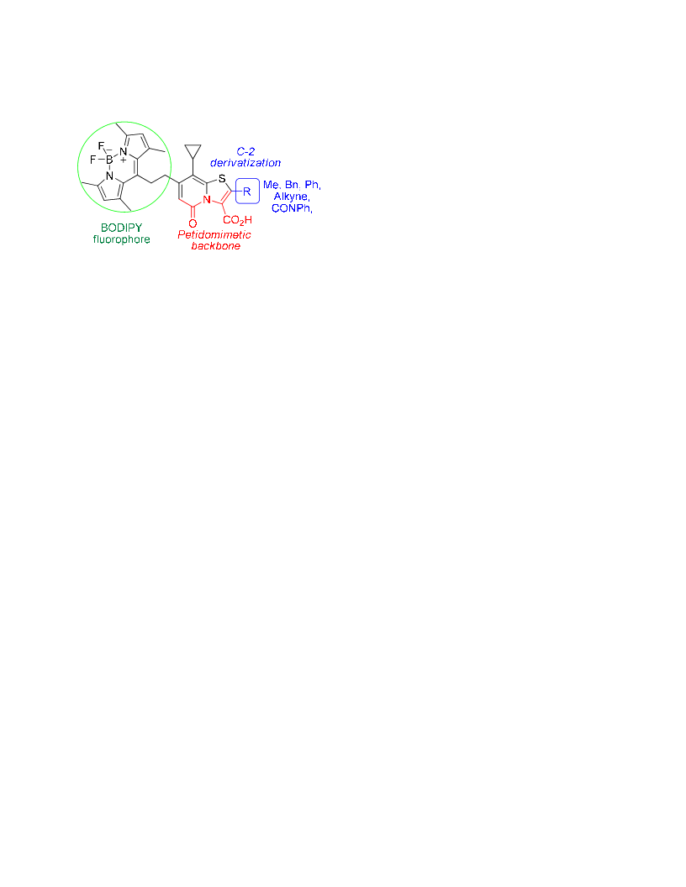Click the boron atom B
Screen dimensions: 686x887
click(x=110, y=160)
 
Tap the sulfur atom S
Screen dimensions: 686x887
click(x=222, y=179)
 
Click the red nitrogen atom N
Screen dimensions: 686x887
click(x=207, y=200)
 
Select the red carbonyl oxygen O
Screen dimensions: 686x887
click(x=193, y=223)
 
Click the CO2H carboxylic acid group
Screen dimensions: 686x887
click(x=237, y=220)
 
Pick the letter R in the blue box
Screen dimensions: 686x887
click(x=247, y=192)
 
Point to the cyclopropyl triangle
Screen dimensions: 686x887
click(x=193, y=151)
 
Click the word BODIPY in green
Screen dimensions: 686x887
click(x=121, y=228)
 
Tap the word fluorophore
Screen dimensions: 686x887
click(x=122, y=239)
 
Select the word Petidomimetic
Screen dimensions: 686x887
click(x=214, y=234)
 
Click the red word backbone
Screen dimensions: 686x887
click(x=216, y=245)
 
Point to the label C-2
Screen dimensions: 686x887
click(x=245, y=151)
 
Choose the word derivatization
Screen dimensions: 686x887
click(x=245, y=163)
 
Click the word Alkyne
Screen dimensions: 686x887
click(x=292, y=197)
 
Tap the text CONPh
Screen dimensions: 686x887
click(x=292, y=208)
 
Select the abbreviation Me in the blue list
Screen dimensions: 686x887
click(x=272, y=185)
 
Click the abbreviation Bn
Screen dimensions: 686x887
click(x=292, y=185)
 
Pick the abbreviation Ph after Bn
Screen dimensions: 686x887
click(x=313, y=185)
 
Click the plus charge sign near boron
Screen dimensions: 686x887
click(x=124, y=160)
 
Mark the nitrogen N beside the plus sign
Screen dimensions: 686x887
click(x=124, y=151)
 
